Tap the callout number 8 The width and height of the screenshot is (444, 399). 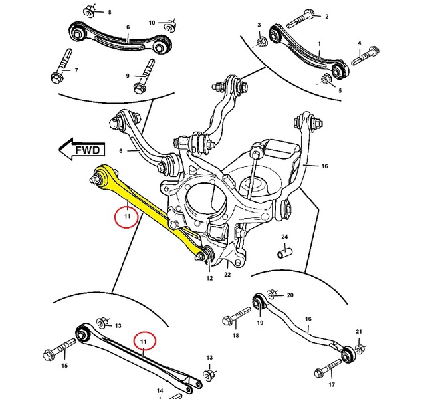110,13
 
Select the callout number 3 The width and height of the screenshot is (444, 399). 260,25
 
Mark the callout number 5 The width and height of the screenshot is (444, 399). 340,90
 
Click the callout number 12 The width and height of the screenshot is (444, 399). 209,277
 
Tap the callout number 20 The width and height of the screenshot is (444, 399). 290,295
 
